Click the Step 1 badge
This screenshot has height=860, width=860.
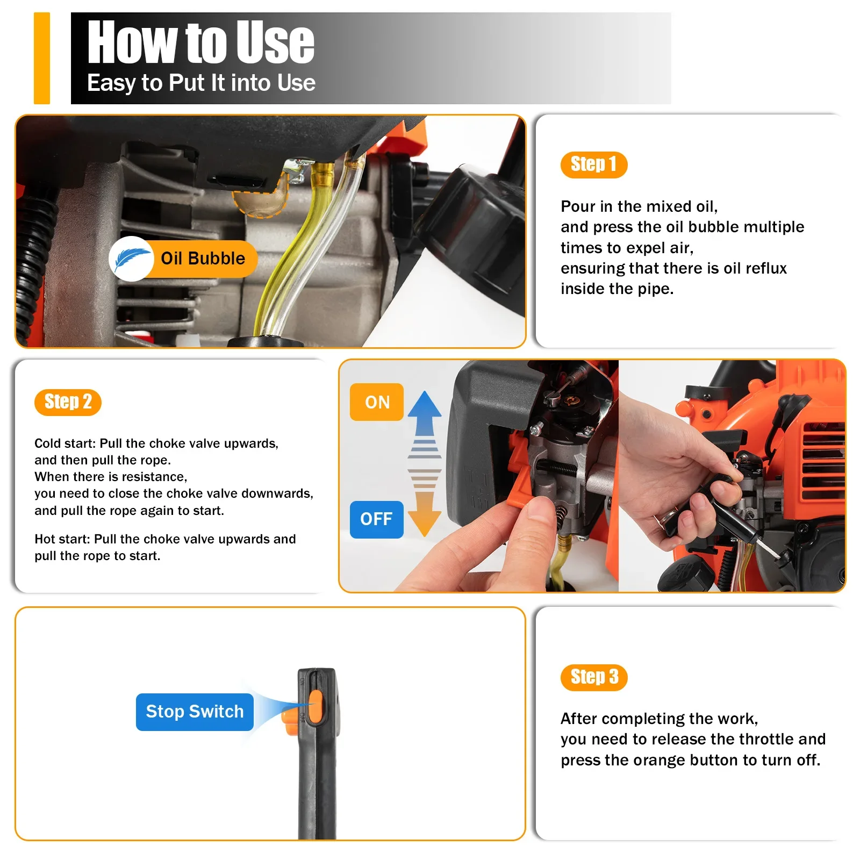pos(593,164)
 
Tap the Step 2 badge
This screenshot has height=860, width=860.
pos(68,402)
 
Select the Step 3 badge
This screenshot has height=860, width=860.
pos(594,677)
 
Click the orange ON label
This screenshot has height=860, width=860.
pos(377,402)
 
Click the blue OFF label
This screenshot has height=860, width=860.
pos(376,519)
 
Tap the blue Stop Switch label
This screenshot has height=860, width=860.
pos(195,712)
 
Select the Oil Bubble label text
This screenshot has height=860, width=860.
pos(203,259)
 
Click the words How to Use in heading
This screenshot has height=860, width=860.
pos(200,42)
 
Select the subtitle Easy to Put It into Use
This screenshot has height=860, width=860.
pos(201,83)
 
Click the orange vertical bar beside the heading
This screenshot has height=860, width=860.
pos(42,58)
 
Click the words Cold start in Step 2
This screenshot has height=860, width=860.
pos(64,443)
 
